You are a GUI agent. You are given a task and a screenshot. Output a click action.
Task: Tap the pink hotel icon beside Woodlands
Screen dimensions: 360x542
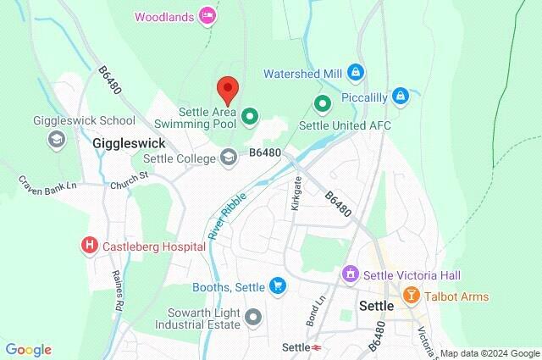tap(207, 15)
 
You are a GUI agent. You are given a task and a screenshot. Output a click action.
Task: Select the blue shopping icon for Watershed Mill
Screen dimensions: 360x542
tap(357, 72)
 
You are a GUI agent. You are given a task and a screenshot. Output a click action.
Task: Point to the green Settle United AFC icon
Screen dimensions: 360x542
tap(322, 105)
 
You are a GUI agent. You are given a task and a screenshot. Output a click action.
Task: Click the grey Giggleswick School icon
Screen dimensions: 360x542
tap(57, 139)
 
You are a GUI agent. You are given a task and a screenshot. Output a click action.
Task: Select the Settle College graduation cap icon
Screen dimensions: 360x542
tap(228, 157)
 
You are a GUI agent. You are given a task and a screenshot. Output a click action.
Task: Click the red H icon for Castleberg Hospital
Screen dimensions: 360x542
tap(89, 246)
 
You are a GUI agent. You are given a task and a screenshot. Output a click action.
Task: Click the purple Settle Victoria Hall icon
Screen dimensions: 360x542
tap(349, 274)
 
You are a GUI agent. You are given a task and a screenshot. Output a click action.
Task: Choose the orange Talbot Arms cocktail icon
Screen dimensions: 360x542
tap(412, 296)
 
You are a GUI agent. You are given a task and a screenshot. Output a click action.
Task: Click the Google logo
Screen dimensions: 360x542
tap(29, 349)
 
